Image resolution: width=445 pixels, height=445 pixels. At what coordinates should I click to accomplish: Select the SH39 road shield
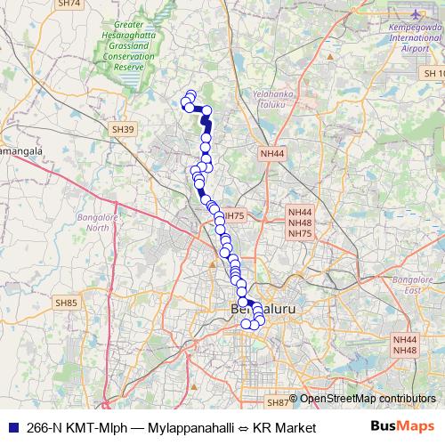click(124, 130)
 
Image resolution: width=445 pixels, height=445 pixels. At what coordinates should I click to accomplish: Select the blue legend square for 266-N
click(11, 428)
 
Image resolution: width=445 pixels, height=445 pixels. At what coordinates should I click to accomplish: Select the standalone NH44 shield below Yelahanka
click(271, 154)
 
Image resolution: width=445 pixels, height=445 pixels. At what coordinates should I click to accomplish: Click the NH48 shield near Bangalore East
click(404, 351)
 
